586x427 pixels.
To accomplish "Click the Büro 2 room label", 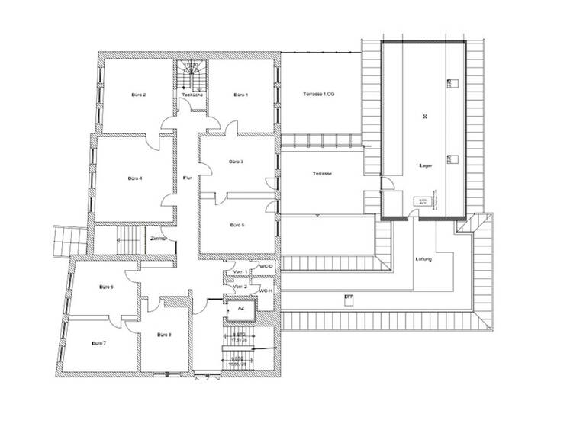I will (139, 95).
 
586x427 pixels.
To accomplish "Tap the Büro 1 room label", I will (241, 95).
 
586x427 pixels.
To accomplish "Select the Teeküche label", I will (192, 95).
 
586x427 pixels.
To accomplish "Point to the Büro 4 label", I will (137, 178).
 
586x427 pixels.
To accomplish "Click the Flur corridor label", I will (186, 178).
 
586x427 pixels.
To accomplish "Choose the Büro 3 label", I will (237, 162).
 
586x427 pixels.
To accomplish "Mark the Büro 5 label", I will (237, 225).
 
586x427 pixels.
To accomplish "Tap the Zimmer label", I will (159, 239).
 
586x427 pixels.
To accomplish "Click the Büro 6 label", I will (106, 287).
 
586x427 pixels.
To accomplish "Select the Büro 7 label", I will (98, 343).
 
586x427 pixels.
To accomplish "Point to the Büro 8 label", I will (164, 335).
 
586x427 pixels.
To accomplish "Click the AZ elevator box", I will (240, 310).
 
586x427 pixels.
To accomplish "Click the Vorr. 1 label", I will (240, 271).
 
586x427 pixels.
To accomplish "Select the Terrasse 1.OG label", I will (318, 93).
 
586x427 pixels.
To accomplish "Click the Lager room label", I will (426, 165).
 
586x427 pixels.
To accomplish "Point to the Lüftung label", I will (424, 259).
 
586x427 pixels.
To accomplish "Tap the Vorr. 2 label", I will (240, 287).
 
